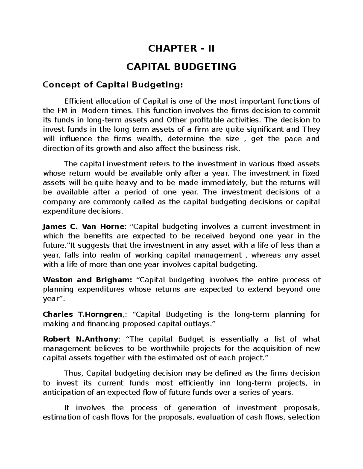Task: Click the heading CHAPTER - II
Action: (181, 48)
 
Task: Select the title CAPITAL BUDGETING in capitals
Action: (181, 66)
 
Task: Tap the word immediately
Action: (225, 183)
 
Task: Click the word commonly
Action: (89, 202)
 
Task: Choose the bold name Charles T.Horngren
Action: (83, 314)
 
